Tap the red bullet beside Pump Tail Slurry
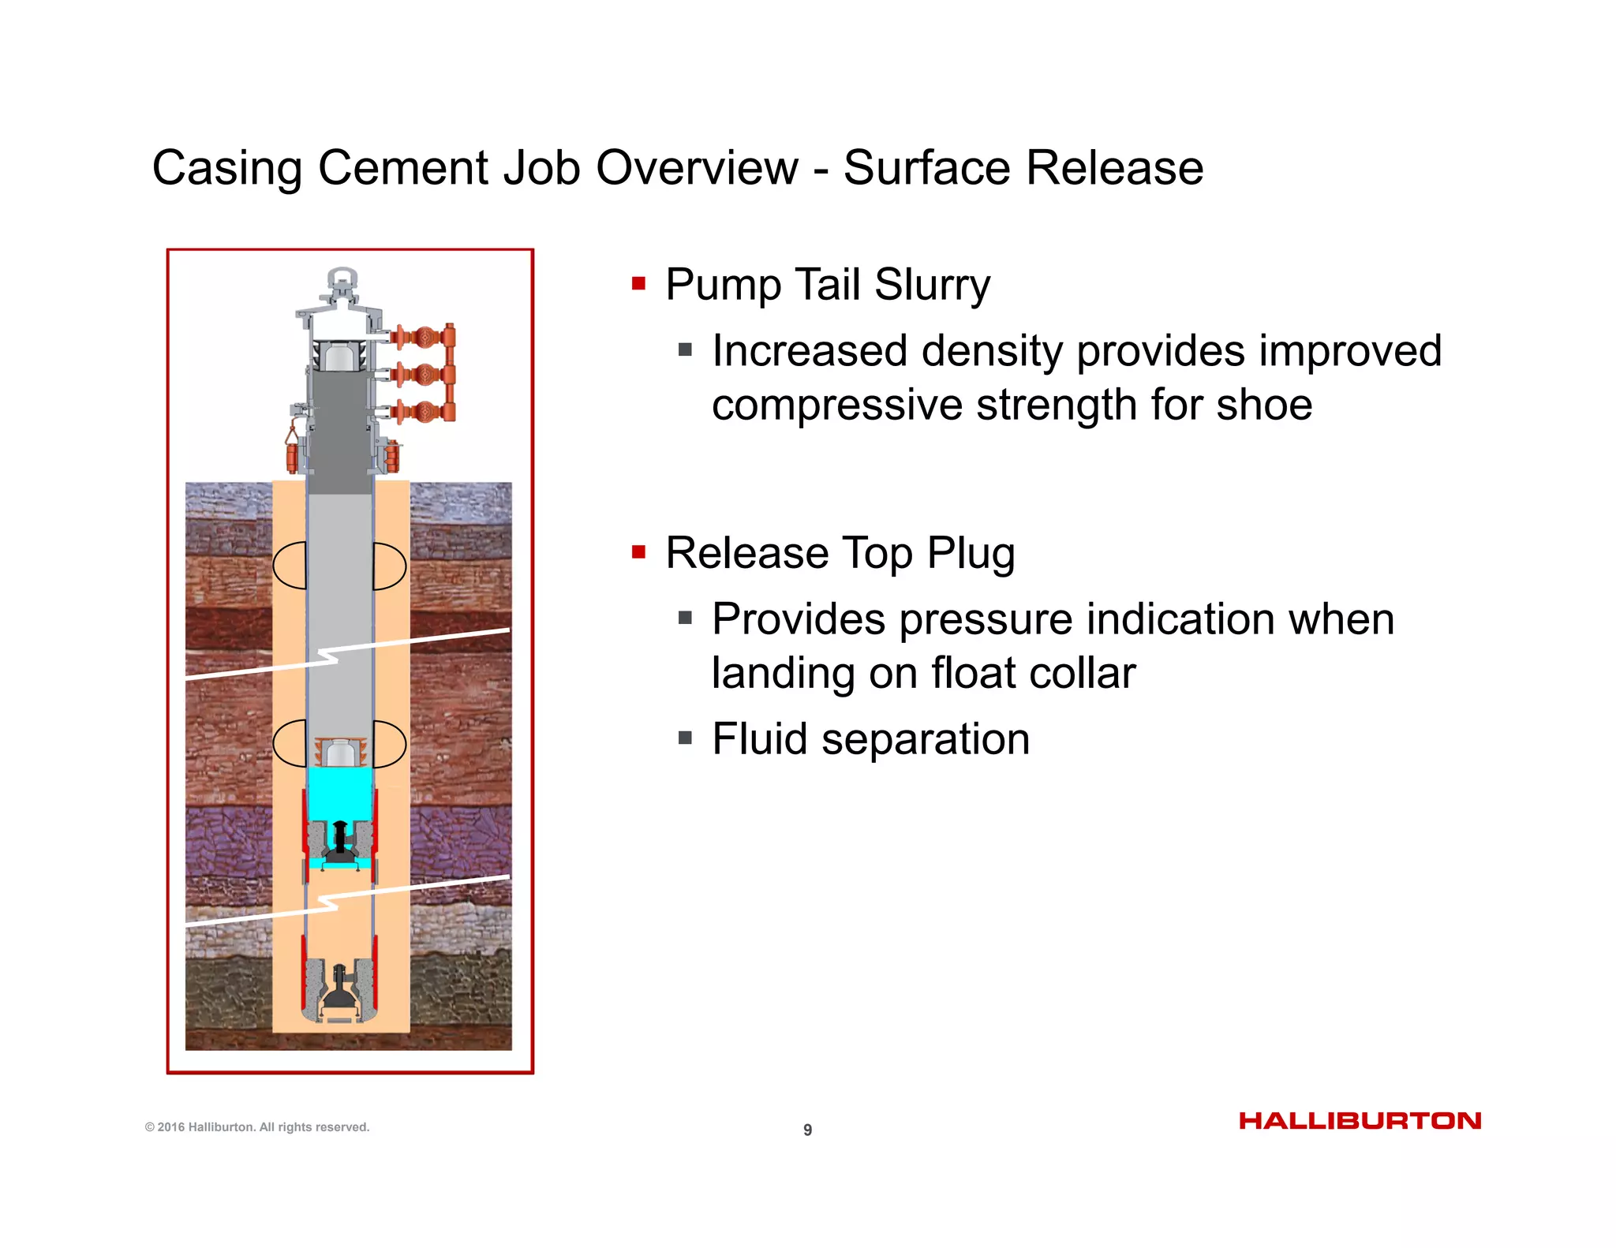click(x=638, y=283)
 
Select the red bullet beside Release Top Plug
click(x=638, y=551)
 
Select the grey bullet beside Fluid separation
click(x=685, y=738)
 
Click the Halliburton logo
click(x=1360, y=1121)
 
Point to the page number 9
click(x=807, y=1130)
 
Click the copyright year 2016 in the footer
click(x=170, y=1127)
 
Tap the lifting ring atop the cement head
click(x=342, y=280)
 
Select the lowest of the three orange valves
click(x=425, y=411)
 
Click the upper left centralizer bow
click(x=290, y=566)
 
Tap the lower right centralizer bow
click(x=390, y=743)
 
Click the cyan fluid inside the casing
click(x=339, y=793)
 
